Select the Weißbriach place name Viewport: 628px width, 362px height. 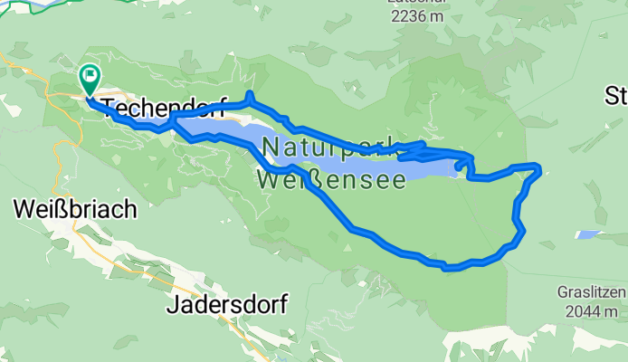pos(75,208)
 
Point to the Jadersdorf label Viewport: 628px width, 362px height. pos(226,305)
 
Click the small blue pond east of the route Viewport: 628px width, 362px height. pos(587,234)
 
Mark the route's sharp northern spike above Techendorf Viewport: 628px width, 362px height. pos(248,94)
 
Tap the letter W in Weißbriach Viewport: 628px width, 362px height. pos(24,208)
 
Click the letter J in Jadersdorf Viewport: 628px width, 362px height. pos(172,305)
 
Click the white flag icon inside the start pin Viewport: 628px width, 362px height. pos(91,73)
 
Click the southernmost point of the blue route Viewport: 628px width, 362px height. pos(450,268)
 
